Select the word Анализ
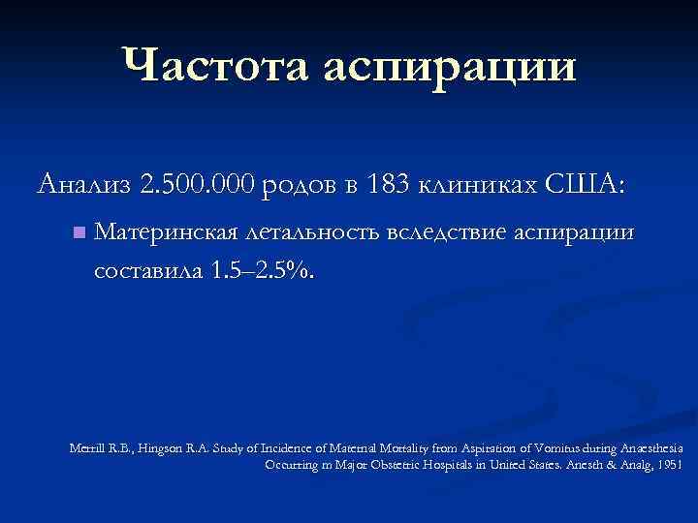[82, 183]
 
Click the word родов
[299, 184]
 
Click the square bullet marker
[79, 232]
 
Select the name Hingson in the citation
[163, 448]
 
